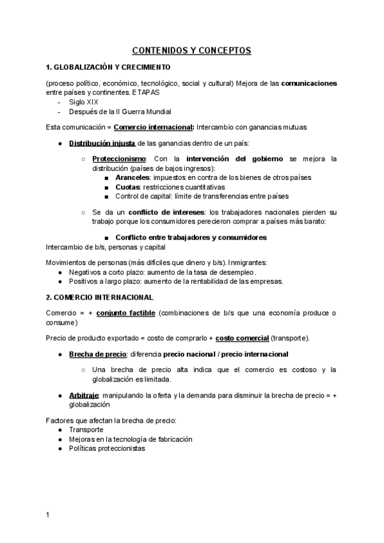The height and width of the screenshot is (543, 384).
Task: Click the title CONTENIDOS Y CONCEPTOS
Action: point(192,50)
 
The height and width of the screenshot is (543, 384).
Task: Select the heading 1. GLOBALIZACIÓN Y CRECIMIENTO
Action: point(108,67)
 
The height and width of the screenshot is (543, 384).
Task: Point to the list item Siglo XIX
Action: point(84,101)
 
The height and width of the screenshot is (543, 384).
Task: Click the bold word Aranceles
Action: point(133,177)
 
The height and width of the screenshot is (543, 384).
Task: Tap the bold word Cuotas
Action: point(129,187)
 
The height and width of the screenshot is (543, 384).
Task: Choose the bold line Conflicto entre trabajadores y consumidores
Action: point(191,237)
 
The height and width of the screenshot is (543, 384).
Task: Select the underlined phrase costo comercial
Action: point(242,337)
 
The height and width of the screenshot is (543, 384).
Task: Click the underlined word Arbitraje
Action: point(84,396)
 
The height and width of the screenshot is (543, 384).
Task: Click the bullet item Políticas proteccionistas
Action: point(107,448)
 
